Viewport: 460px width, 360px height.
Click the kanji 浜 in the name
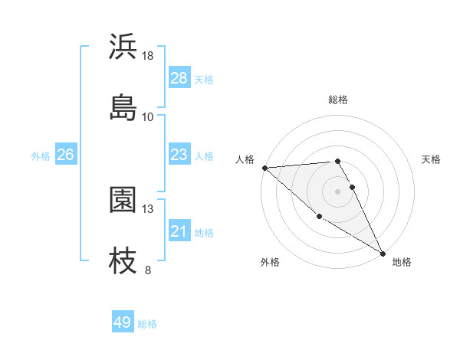pos(123,47)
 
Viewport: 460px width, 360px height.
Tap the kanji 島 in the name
pos(123,107)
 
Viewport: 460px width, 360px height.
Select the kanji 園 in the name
pos(123,200)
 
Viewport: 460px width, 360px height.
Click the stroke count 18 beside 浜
pos(148,56)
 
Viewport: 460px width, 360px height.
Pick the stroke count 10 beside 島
pos(148,116)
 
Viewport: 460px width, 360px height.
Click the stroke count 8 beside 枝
pos(148,270)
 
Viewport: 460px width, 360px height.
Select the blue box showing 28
pos(179,78)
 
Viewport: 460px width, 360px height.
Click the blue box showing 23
pos(179,155)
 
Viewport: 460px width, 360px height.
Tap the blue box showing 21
pos(179,231)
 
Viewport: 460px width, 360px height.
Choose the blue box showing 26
pos(65,155)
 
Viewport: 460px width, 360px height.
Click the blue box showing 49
pos(123,322)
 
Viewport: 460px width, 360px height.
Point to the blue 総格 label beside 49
pos(148,324)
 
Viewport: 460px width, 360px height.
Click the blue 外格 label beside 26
pos(41,155)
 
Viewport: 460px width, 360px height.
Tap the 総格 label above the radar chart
pos(338,100)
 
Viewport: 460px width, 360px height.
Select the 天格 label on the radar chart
pos(431,159)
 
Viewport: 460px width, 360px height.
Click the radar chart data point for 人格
pos(264,168)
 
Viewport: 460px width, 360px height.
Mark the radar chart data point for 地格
pos(383,253)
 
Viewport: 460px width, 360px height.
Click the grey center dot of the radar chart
pos(338,191)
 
